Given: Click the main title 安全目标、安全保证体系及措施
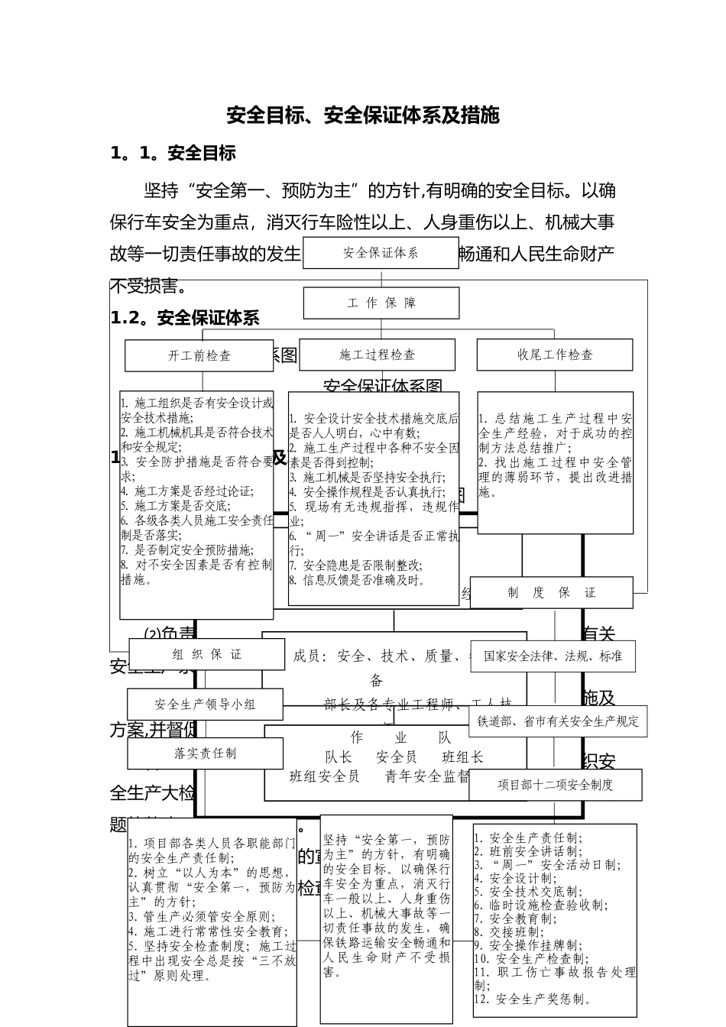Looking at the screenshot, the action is click(x=363, y=115).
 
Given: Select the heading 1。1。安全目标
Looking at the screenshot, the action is click(x=173, y=154).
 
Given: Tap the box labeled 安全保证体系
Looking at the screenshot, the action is click(x=381, y=253).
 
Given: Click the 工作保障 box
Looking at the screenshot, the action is click(x=381, y=303).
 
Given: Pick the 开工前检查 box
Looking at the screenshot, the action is click(x=199, y=355).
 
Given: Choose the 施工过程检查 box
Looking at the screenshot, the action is click(x=377, y=355).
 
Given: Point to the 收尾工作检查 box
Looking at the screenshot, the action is click(x=555, y=355).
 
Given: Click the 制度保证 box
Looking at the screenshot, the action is click(x=551, y=593).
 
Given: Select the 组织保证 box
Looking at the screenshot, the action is click(x=206, y=655).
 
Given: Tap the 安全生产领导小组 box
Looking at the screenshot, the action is click(x=205, y=705).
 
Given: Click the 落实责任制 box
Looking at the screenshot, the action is click(x=205, y=753).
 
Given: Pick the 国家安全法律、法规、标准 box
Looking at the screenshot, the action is click(x=553, y=656).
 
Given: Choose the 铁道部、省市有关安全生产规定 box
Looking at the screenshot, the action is click(x=558, y=721).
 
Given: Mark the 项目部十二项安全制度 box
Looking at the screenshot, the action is click(x=556, y=785).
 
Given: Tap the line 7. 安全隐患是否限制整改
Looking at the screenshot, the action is click(x=355, y=565).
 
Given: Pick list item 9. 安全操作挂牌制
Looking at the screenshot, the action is click(x=528, y=945).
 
